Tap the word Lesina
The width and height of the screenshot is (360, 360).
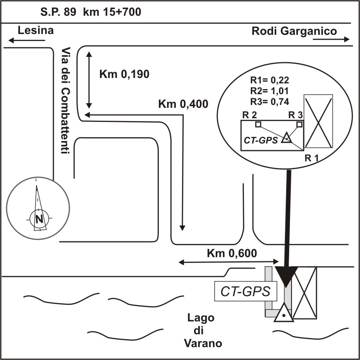tap(35, 30)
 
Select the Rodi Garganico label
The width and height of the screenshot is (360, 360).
tap(294, 31)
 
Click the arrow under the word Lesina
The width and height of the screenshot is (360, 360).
tap(27, 40)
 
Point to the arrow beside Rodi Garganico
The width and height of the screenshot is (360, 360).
tap(331, 39)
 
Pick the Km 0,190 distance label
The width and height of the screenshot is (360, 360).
tap(124, 74)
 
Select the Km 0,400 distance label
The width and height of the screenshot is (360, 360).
tap(183, 104)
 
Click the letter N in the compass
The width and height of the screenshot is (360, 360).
tap(39, 219)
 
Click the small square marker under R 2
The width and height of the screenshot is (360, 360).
tap(258, 124)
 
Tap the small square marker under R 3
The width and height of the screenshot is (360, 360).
tap(299, 124)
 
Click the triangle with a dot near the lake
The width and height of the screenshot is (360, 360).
tap(284, 314)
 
